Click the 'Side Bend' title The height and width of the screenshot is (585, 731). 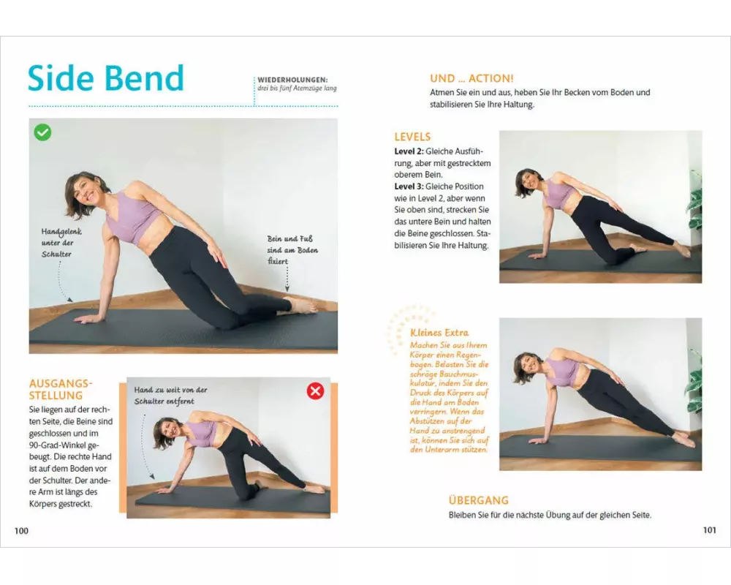pyautogui.click(x=106, y=78)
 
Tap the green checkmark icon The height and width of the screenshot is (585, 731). pyautogui.click(x=42, y=132)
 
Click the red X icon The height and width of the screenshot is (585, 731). pyautogui.click(x=315, y=391)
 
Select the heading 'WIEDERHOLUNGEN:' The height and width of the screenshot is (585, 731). pyautogui.click(x=293, y=80)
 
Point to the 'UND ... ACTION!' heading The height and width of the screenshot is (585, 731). pyautogui.click(x=471, y=78)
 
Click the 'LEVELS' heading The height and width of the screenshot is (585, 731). pyautogui.click(x=412, y=137)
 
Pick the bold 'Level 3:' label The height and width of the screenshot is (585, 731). pyautogui.click(x=409, y=186)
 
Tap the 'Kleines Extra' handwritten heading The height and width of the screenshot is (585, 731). pyautogui.click(x=439, y=333)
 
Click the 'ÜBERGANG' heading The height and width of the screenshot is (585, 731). pyautogui.click(x=478, y=500)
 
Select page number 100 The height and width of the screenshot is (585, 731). pyautogui.click(x=21, y=530)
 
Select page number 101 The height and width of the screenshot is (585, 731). pyautogui.click(x=709, y=530)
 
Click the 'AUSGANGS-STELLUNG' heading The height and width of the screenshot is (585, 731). pyautogui.click(x=61, y=390)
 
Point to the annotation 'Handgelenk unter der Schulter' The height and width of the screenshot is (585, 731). pyautogui.click(x=61, y=243)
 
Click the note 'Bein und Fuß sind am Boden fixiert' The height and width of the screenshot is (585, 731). pyautogui.click(x=292, y=249)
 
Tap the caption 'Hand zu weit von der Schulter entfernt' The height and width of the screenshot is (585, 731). pyautogui.click(x=170, y=395)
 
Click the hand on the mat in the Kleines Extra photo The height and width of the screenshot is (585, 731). pyautogui.click(x=542, y=440)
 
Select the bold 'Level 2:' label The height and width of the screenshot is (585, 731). pyautogui.click(x=409, y=151)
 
